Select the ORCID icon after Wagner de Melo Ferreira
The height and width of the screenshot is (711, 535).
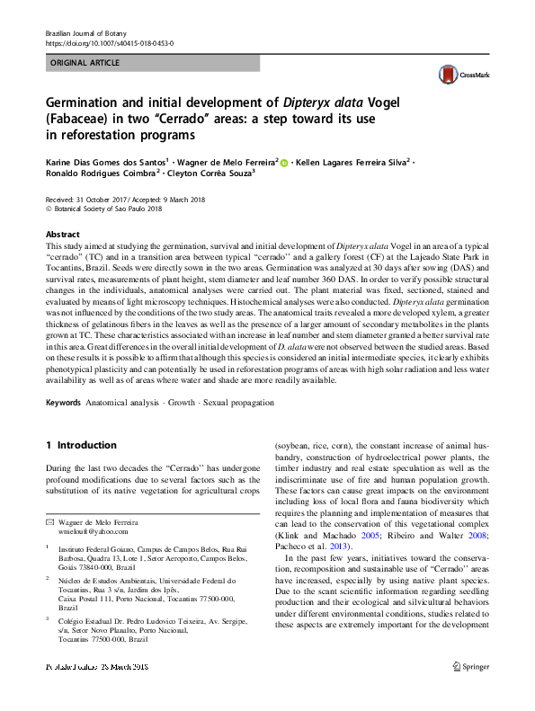click(x=286, y=163)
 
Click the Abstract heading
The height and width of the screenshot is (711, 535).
click(x=64, y=232)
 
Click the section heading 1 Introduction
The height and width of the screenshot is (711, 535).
click(x=81, y=445)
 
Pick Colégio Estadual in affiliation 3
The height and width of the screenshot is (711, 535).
click(x=89, y=619)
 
